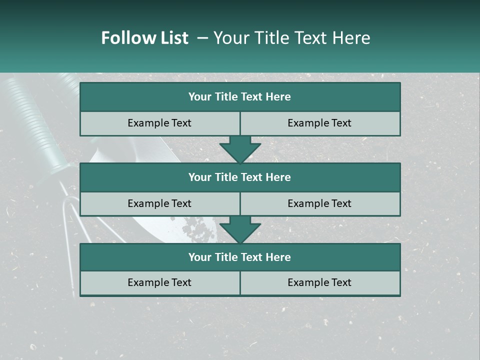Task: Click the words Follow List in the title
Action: [x=144, y=38]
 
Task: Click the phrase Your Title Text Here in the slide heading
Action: [x=291, y=38]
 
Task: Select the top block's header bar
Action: [x=240, y=97]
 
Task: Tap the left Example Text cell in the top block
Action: [x=159, y=123]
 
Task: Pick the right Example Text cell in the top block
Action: [x=320, y=123]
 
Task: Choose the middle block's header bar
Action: [x=240, y=177]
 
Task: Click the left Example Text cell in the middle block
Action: [x=159, y=203]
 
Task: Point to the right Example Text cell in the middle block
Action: [x=320, y=203]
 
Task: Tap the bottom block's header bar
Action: [x=240, y=257]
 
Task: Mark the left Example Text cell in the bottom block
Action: [x=159, y=282]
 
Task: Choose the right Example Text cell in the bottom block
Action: [x=320, y=282]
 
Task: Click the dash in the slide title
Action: [x=202, y=38]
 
